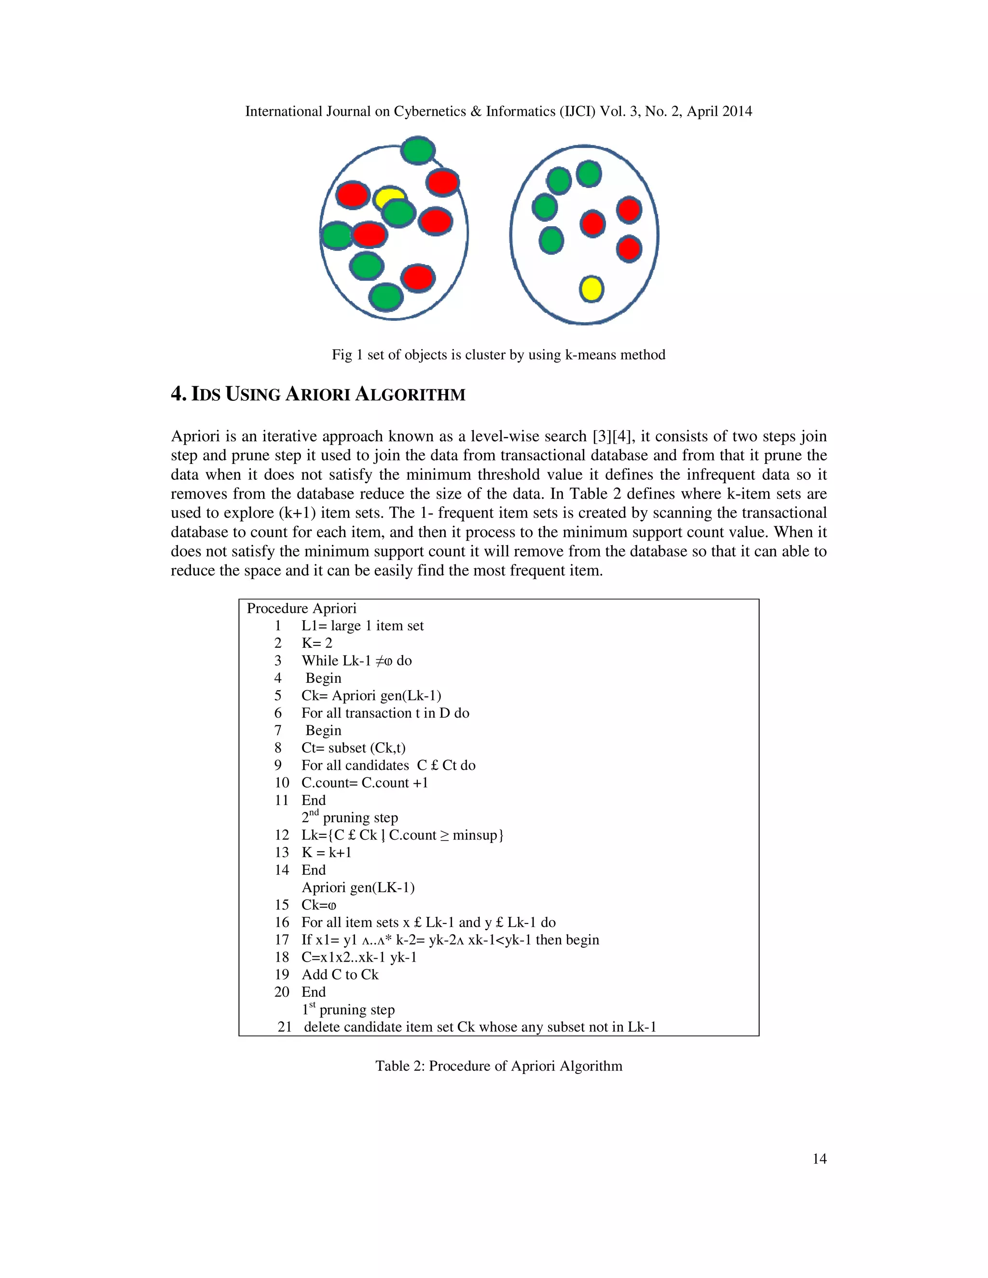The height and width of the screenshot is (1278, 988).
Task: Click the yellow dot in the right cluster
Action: click(x=591, y=288)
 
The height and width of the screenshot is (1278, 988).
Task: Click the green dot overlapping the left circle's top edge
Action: click(x=418, y=150)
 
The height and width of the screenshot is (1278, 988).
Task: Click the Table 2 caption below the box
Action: click(x=499, y=1066)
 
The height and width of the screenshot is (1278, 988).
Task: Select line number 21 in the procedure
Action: click(x=285, y=1027)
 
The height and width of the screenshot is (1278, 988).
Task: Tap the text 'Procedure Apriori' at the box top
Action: click(x=302, y=609)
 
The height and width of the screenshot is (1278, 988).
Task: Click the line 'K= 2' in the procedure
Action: click(x=316, y=643)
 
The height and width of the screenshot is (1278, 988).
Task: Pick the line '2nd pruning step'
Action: click(x=350, y=817)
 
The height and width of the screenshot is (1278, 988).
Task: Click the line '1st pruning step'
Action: click(x=348, y=1009)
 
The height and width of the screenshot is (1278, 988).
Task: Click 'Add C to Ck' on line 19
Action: click(x=340, y=974)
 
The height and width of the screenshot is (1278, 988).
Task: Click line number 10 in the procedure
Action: click(x=282, y=782)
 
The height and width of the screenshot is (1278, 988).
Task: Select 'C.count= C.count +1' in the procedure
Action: click(x=365, y=782)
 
